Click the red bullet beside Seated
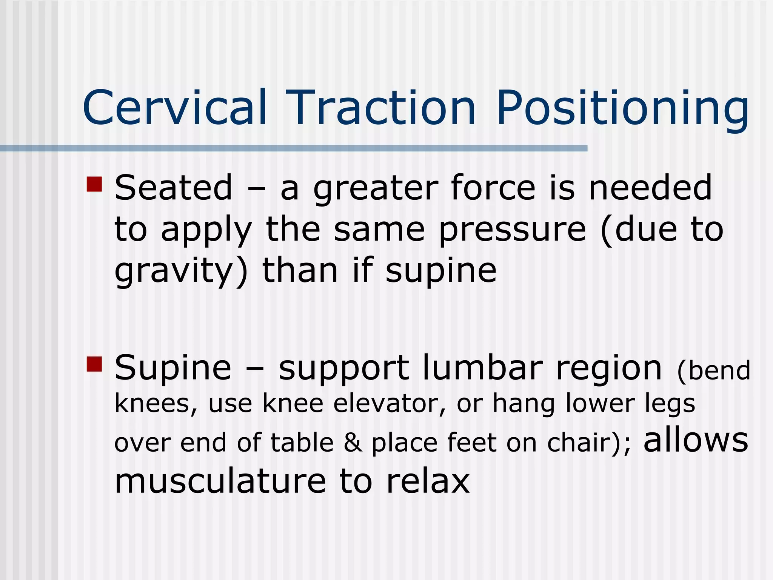pyautogui.click(x=94, y=184)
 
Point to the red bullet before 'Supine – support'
pyautogui.click(x=94, y=364)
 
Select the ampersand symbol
pyautogui.click(x=353, y=443)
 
